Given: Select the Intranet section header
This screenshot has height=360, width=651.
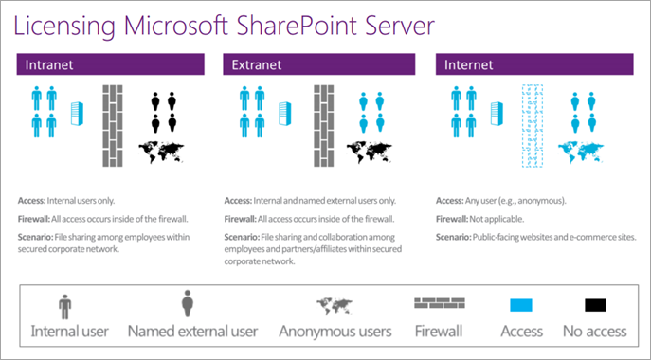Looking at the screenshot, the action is coord(111,64).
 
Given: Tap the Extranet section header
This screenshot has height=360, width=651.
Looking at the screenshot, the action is coord(318,64).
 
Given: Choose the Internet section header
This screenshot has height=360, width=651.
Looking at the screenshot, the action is coord(534,64).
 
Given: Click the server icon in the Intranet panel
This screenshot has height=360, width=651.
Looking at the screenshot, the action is coord(77,114).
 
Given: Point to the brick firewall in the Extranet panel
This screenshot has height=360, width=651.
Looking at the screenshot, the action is coord(324,126).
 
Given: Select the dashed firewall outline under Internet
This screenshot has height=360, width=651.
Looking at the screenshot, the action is coord(533,126).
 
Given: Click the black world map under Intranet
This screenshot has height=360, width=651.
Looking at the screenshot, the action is coord(161,153).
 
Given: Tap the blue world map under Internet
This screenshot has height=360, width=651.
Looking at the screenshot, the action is coord(581,153).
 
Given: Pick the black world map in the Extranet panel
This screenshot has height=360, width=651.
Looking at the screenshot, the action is coord(370,153).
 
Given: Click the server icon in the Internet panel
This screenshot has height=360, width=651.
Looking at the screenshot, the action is coord(497,114).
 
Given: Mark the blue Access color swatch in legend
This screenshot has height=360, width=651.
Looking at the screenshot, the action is coord(521,305).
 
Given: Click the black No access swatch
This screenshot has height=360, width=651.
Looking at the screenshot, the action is coord(595,305).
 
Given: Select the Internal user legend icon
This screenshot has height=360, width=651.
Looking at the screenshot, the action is coord(65,307).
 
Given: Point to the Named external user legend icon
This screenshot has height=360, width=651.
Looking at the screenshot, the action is coord(188,304).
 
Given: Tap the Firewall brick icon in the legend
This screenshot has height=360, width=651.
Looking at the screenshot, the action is coord(440,303).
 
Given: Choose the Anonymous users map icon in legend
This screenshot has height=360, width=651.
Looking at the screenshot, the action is coord(335,306).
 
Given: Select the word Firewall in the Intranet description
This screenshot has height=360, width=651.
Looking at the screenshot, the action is coord(34,219).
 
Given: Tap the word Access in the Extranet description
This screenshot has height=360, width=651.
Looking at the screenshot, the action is coord(238,201).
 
